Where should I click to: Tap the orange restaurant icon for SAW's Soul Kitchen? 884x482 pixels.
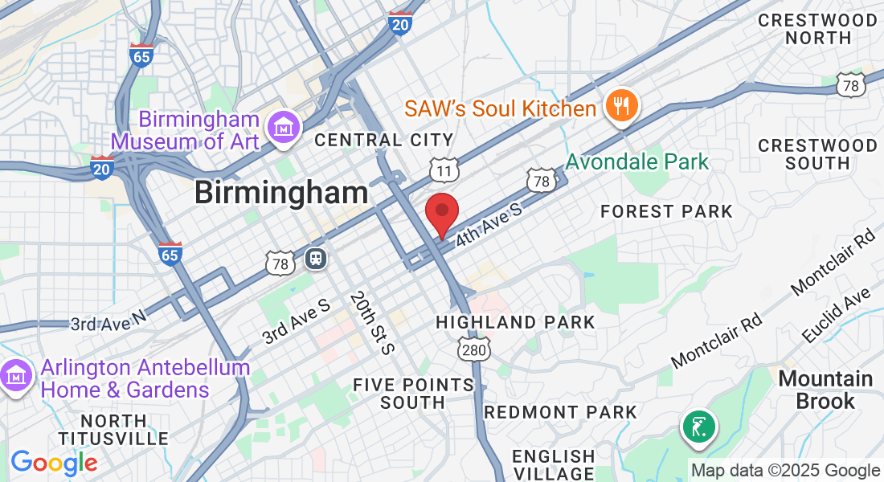click(621, 105)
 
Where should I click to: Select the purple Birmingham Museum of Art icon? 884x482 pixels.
click(284, 129)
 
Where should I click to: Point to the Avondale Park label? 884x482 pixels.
click(637, 161)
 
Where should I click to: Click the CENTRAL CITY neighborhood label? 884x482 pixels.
click(384, 141)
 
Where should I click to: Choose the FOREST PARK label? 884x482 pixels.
click(667, 211)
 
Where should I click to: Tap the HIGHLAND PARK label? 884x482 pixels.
click(515, 322)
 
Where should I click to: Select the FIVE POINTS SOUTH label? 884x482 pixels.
click(413, 394)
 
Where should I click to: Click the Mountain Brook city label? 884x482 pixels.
click(826, 390)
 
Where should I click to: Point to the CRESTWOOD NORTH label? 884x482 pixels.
click(818, 28)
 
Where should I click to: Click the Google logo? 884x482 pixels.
click(53, 464)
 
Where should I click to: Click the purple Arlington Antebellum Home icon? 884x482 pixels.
click(15, 376)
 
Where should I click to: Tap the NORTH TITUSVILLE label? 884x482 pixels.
click(113, 430)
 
